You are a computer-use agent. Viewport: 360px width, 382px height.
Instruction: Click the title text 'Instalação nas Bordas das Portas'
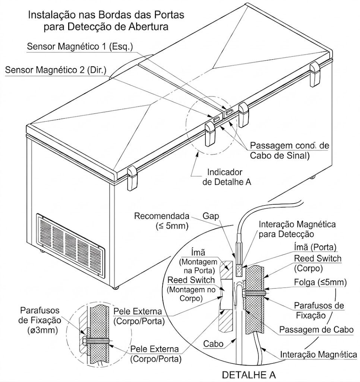coord(106,16)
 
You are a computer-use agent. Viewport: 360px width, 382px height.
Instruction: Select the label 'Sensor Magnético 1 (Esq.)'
coord(80,47)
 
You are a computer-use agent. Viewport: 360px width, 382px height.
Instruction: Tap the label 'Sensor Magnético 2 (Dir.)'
coord(56,70)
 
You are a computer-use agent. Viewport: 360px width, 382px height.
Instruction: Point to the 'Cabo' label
coord(214,344)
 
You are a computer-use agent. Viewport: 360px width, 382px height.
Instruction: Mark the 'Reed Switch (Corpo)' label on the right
coord(318,263)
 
